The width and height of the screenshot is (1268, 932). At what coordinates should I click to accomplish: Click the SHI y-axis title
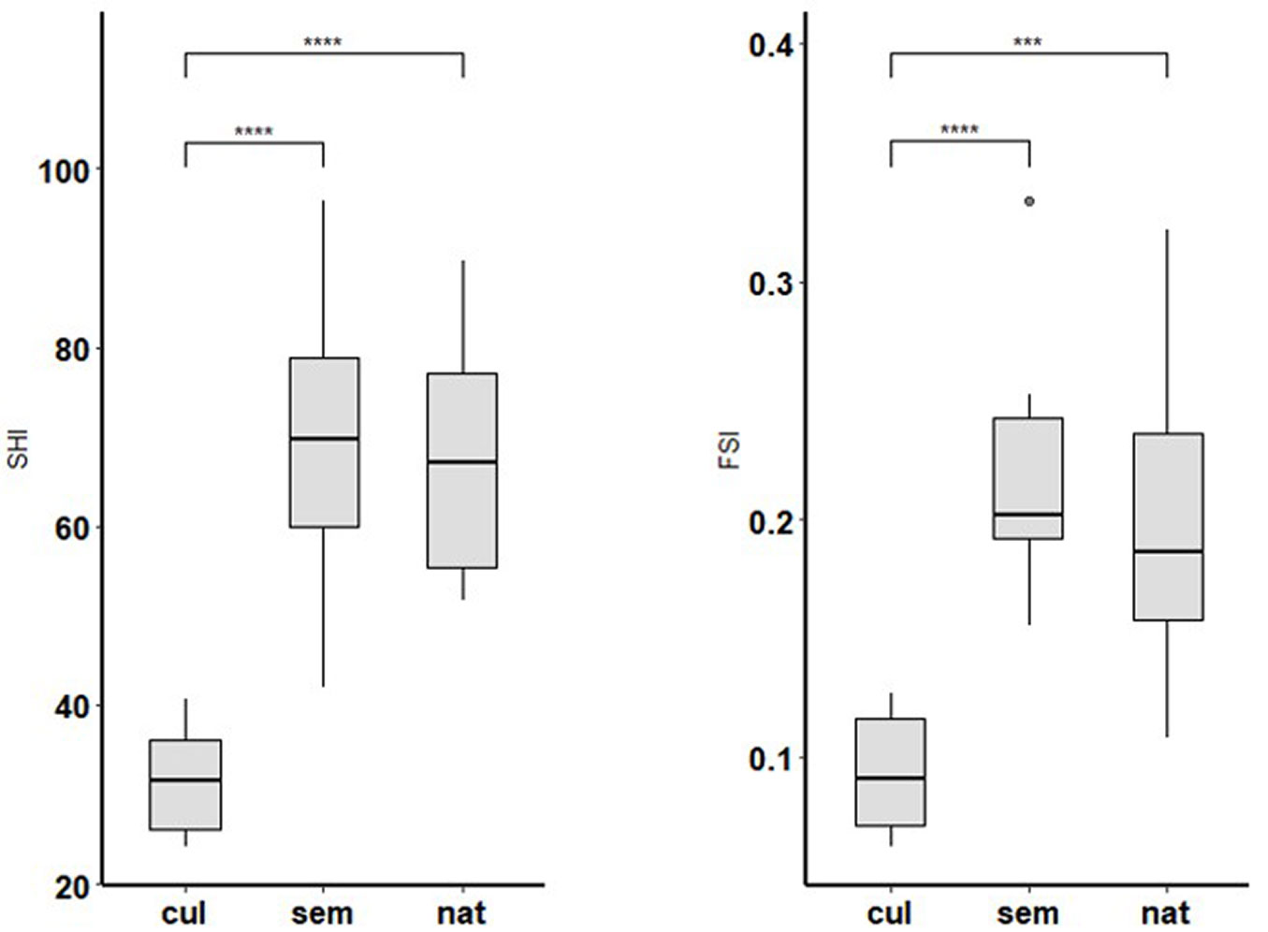tap(18, 448)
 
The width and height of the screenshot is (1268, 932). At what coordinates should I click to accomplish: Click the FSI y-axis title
tap(729, 448)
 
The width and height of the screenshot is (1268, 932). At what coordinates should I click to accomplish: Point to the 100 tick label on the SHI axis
tap(63, 172)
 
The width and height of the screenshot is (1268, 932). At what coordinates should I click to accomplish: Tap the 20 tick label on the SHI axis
tap(71, 885)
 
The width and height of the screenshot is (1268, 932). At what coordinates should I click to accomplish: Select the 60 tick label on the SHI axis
tap(71, 529)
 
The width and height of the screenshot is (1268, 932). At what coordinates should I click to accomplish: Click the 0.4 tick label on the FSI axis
tap(771, 45)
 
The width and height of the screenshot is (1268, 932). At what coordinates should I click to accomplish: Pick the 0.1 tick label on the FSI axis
tap(771, 759)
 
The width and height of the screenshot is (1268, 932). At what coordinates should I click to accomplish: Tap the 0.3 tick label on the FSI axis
tap(771, 284)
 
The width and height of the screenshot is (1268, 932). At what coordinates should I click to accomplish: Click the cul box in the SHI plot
tap(185, 784)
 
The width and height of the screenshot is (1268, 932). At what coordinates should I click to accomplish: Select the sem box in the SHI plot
tap(324, 442)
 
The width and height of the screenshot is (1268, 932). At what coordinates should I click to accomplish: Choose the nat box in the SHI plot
tap(462, 470)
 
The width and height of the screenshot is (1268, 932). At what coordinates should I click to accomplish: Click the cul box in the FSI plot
tap(891, 772)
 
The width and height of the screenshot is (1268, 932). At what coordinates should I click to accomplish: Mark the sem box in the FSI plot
tap(1028, 478)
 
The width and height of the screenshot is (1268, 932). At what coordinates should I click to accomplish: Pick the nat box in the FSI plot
tap(1167, 526)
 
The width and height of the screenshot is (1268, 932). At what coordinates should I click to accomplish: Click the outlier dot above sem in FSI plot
tap(1029, 201)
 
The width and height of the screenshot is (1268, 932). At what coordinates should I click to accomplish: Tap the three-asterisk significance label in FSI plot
tap(1028, 42)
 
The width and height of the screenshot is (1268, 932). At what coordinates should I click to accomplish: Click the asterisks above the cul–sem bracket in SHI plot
tap(254, 132)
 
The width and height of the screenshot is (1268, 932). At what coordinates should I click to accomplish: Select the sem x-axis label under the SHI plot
tap(322, 913)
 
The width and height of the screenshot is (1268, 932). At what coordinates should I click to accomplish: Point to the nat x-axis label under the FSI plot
tap(1166, 913)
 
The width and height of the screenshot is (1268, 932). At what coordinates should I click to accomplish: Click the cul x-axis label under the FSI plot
tap(889, 913)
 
